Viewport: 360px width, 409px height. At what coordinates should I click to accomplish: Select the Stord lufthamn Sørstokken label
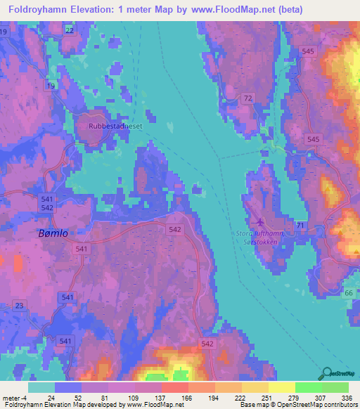[x=257, y=237]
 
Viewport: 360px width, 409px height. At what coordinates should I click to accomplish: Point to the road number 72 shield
[x=247, y=100]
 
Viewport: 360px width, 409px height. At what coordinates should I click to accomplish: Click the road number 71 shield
[x=300, y=224]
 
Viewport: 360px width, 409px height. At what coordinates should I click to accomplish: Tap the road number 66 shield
[x=349, y=292]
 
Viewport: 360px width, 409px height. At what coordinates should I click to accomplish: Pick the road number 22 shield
[x=69, y=31]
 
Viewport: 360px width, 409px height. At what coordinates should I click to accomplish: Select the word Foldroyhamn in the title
[x=38, y=11]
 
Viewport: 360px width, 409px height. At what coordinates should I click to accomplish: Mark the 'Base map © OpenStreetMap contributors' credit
[x=298, y=405]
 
